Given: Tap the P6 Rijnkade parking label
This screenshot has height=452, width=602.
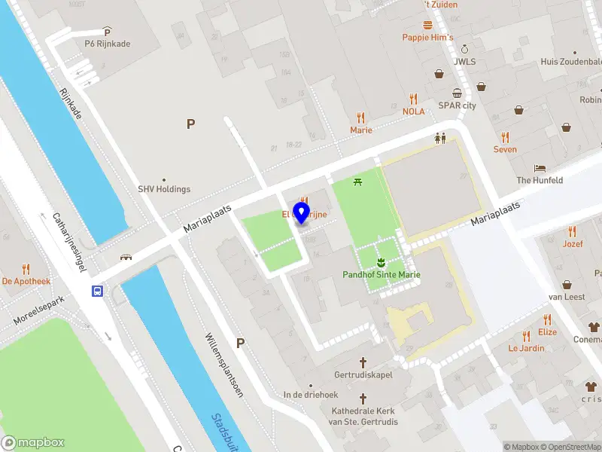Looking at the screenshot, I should tap(107, 44).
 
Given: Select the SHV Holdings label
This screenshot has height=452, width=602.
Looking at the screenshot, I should tap(164, 189).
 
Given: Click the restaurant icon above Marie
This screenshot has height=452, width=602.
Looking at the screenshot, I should tap(361, 118).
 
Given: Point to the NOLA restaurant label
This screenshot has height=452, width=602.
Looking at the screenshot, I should tap(413, 111).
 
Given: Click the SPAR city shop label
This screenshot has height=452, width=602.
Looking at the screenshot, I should tap(457, 105).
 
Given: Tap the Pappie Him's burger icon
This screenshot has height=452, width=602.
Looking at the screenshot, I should tap(427, 25).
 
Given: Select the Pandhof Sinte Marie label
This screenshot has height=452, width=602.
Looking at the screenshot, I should tap(382, 275).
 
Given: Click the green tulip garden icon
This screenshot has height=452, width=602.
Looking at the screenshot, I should tap(381, 261).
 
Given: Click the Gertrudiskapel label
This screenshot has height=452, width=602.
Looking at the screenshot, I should tap(363, 375).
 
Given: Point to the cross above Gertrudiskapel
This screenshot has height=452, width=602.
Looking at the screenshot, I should tap(363, 362).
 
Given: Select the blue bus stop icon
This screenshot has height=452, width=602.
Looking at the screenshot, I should tap(98, 291).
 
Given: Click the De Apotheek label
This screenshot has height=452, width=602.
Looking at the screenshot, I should tap(26, 281).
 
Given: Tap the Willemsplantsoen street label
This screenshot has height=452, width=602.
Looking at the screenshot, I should tap(224, 365).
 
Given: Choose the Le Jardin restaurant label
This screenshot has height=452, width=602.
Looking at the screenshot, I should tap(526, 348).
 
